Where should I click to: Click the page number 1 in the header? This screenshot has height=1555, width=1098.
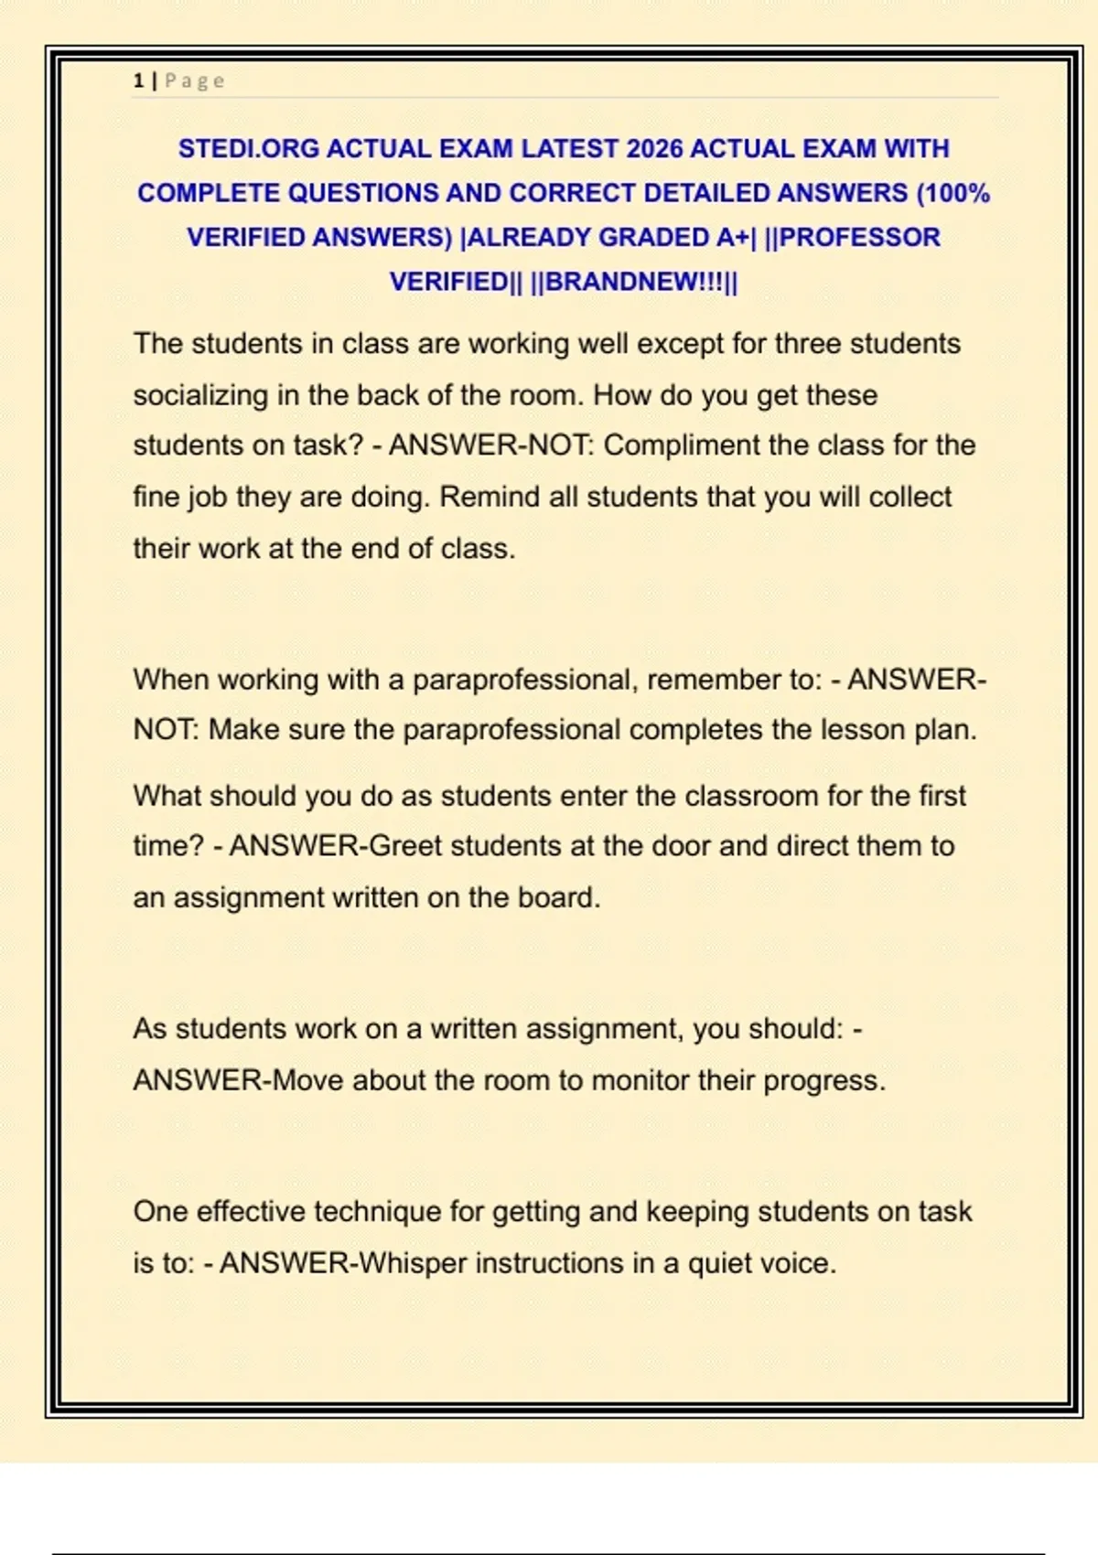pos(138,81)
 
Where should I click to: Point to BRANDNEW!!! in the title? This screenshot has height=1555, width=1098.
pos(634,282)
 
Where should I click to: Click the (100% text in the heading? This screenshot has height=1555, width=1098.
pos(953,194)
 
